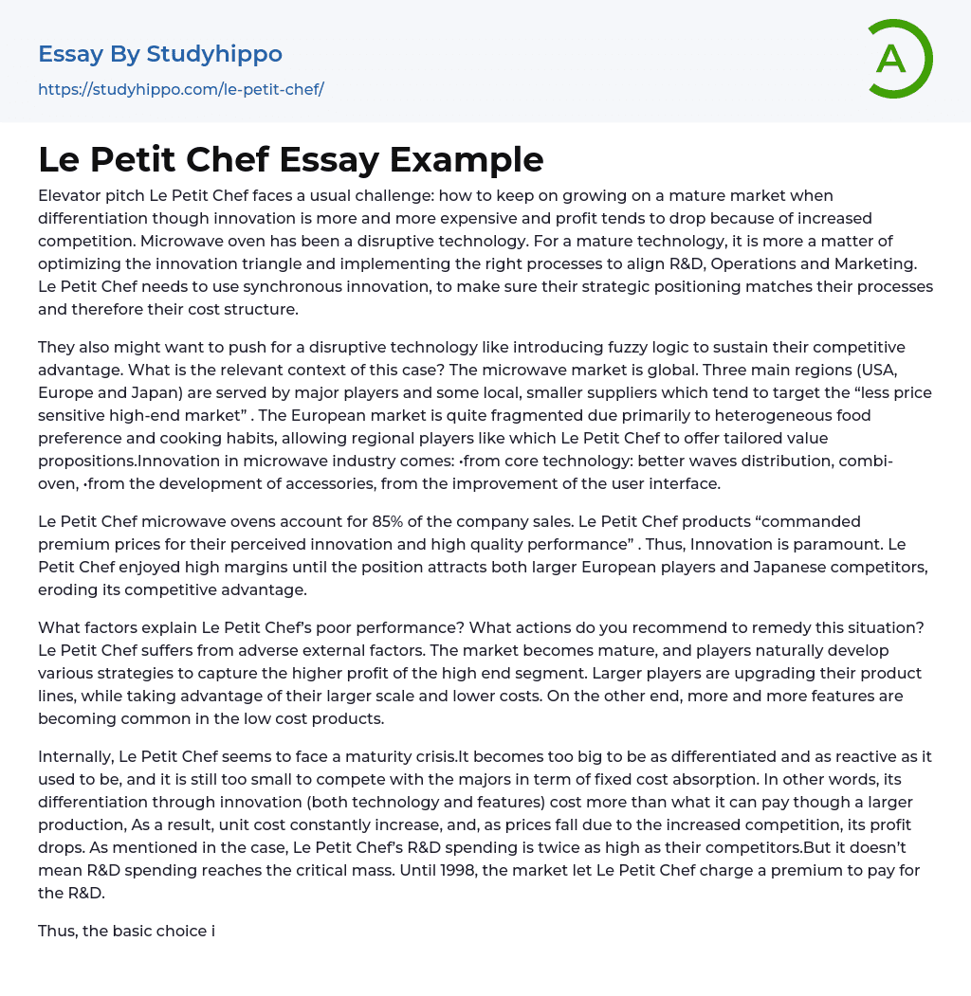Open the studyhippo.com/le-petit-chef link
click(x=180, y=89)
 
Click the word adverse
click(x=245, y=650)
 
